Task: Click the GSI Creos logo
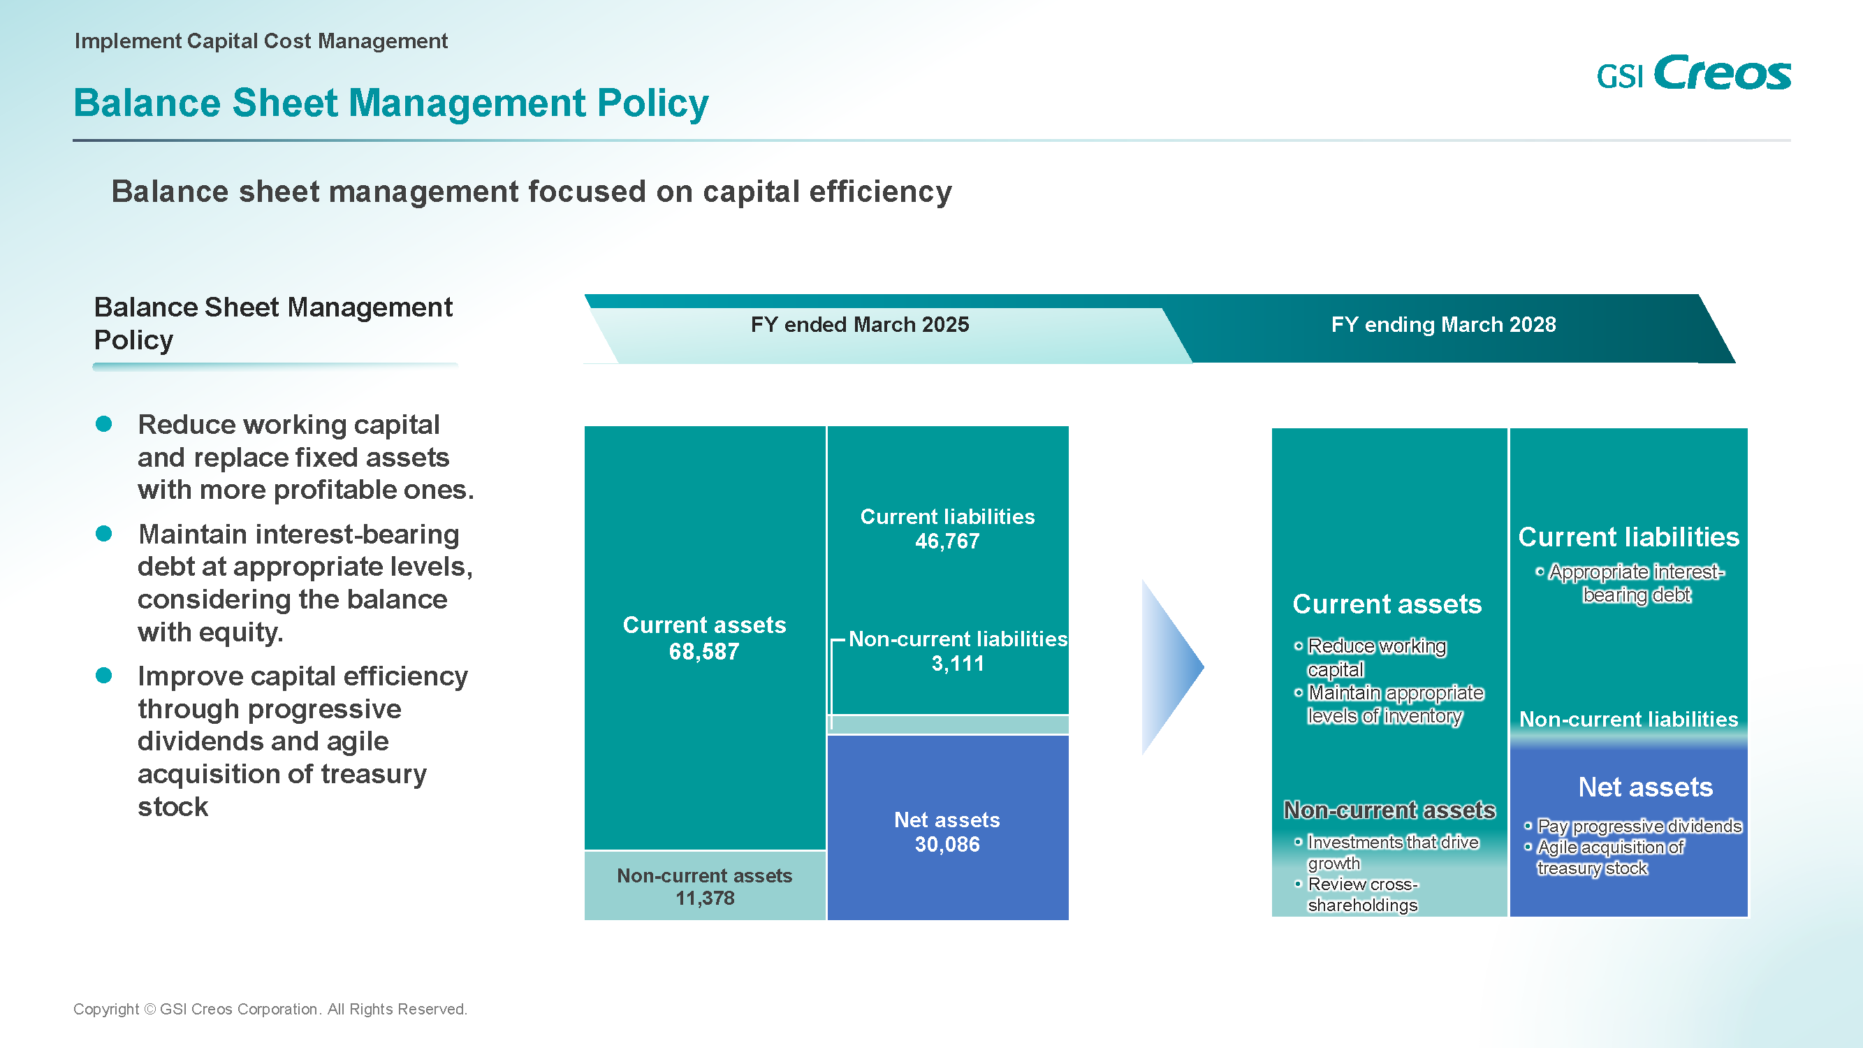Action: click(1693, 73)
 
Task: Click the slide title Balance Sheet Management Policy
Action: click(390, 103)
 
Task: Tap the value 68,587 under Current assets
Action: click(703, 652)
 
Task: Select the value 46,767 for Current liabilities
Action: click(947, 541)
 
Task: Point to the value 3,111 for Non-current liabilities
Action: click(958, 663)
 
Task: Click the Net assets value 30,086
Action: click(947, 844)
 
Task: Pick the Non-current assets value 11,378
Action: click(705, 898)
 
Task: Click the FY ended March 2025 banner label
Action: click(860, 325)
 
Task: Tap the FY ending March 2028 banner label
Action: click(1444, 325)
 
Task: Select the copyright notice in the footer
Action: click(270, 1009)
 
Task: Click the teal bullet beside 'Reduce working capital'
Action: click(104, 424)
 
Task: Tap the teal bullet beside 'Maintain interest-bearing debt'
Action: click(104, 534)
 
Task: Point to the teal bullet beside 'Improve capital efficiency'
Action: click(104, 676)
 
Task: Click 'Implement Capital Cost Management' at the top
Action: click(261, 41)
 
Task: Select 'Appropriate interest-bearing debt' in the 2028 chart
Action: click(1637, 583)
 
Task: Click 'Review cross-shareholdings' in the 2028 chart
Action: click(1364, 895)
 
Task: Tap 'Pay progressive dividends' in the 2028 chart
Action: click(1639, 826)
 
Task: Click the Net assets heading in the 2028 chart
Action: click(1645, 787)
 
